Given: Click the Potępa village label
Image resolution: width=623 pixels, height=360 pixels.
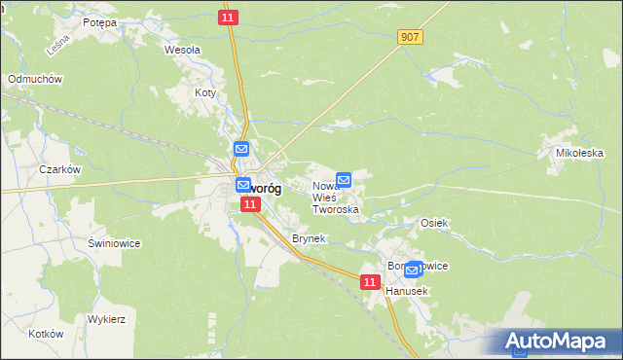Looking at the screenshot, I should pyautogui.click(x=99, y=21).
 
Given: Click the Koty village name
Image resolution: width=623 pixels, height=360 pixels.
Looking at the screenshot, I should pyautogui.click(x=204, y=93).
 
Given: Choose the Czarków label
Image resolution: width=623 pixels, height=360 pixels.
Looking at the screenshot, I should pyautogui.click(x=58, y=168).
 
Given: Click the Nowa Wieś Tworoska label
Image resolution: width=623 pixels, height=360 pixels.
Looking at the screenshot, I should pyautogui.click(x=335, y=198).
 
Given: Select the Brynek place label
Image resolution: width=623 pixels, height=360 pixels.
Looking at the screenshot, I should pyautogui.click(x=308, y=237).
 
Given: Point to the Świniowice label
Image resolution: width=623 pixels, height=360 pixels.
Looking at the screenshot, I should pyautogui.click(x=114, y=243).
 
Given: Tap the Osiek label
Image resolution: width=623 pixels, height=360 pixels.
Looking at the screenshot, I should pyautogui.click(x=433, y=223).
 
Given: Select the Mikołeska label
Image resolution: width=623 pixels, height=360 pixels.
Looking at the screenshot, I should pyautogui.click(x=580, y=153).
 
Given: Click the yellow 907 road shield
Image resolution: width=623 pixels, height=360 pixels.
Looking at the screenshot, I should pyautogui.click(x=410, y=36).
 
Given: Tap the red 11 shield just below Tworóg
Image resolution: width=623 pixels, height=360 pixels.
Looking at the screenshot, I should pyautogui.click(x=251, y=204).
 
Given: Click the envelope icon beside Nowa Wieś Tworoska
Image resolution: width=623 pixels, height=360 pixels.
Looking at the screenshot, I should pyautogui.click(x=344, y=180).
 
